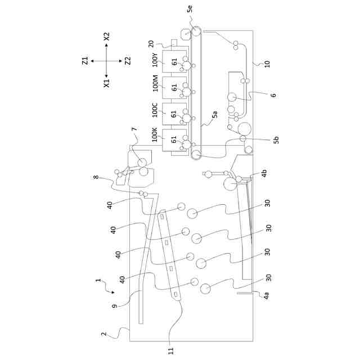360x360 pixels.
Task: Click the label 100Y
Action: tap(155, 60)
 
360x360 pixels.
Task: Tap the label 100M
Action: tap(155, 83)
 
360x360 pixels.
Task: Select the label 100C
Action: tap(155, 110)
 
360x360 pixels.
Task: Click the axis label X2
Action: tap(107, 37)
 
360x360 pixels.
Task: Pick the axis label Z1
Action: tap(85, 61)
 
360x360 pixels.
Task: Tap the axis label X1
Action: tap(107, 83)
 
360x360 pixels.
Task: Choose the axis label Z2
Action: tap(128, 61)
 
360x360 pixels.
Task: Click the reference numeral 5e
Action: tap(190, 9)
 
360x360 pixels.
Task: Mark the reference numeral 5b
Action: tap(276, 140)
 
